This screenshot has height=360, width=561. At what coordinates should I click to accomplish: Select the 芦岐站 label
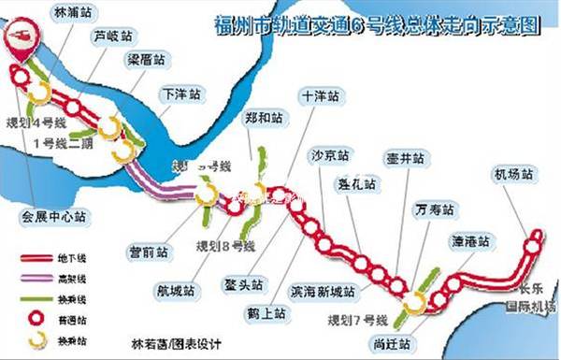pos(112,37)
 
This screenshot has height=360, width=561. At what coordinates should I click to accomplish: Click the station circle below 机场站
pos(532,247)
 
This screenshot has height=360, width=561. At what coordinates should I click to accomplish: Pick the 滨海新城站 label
pos(324,292)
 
